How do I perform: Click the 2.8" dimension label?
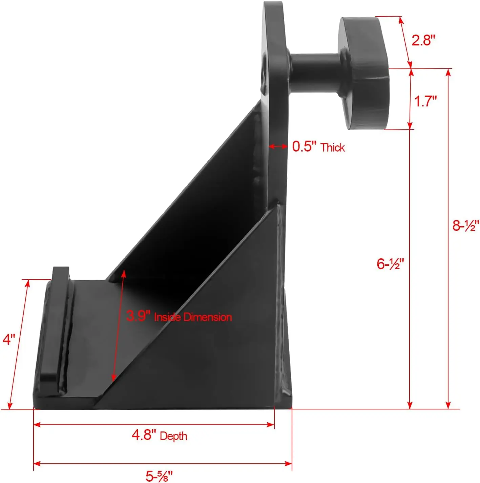pos(423,40)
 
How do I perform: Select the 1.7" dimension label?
pos(425,101)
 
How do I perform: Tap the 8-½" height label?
pos(466,225)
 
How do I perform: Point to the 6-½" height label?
pos(391,264)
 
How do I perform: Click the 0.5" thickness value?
pos(304,146)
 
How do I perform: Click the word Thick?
pos(333,147)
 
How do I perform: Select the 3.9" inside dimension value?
pos(138,316)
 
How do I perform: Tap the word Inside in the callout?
pos(167,317)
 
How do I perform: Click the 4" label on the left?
pos(9,339)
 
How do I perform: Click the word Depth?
pos(173,436)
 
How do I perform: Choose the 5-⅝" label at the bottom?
pos(159,476)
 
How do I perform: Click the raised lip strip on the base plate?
pos(55,325)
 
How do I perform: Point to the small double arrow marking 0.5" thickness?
pos(278,146)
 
